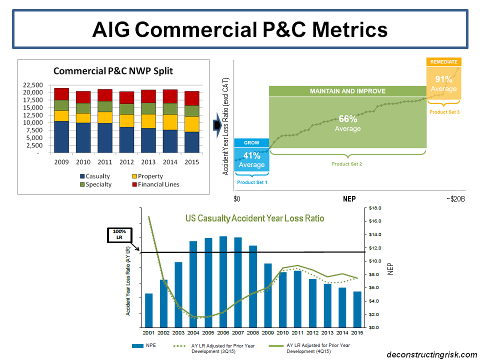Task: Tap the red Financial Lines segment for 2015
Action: (192, 98)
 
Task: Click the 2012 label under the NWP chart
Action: (126, 162)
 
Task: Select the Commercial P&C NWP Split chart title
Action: (113, 70)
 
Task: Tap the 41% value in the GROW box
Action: (251, 155)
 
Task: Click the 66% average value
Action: (348, 119)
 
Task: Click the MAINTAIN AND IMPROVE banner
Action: (348, 91)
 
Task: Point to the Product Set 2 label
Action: (346, 164)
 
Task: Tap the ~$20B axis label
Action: (455, 199)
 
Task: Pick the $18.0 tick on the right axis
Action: (375, 207)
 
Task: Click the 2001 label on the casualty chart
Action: (148, 333)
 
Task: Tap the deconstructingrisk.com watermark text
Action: (432, 354)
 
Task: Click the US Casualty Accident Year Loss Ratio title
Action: (254, 218)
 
